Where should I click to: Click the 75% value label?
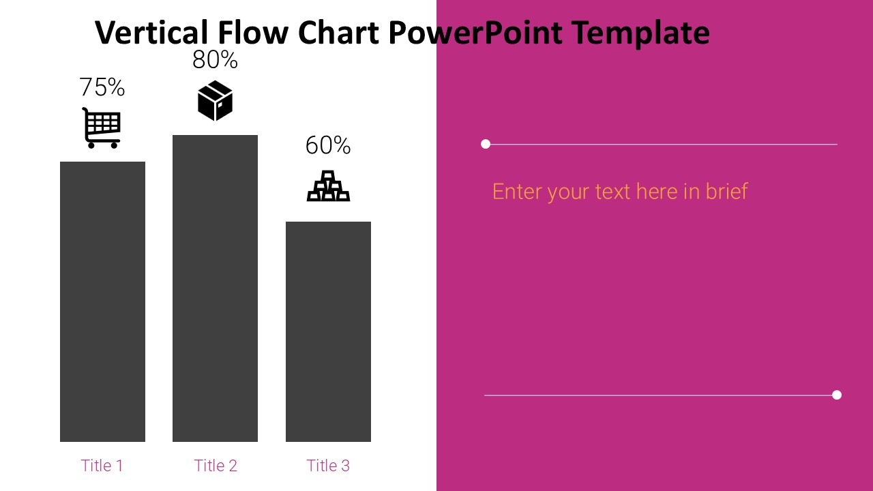[x=102, y=87]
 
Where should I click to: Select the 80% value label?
[x=215, y=60]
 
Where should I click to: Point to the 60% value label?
[x=328, y=145]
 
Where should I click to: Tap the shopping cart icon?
[x=102, y=128]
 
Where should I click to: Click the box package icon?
[x=215, y=101]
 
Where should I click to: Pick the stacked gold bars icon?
[x=328, y=186]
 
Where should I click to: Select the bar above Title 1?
[x=102, y=301]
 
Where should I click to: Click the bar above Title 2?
[x=215, y=288]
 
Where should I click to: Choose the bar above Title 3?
[x=328, y=331]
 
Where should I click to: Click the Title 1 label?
[x=102, y=466]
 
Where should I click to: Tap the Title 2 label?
[x=216, y=466]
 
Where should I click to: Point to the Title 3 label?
[x=328, y=466]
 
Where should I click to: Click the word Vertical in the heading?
[x=151, y=32]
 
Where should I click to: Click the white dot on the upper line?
[x=486, y=144]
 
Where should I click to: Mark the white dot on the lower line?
[x=837, y=395]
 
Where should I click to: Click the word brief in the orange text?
[x=726, y=191]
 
